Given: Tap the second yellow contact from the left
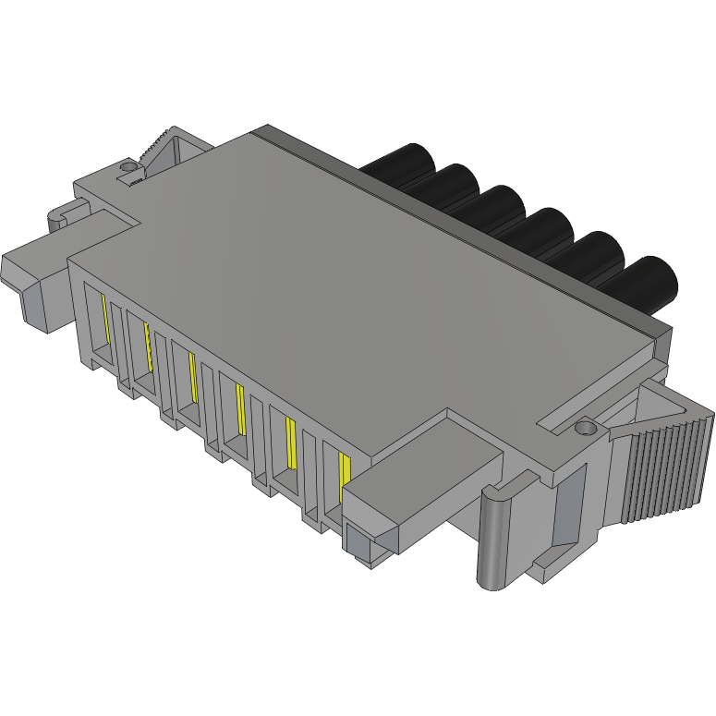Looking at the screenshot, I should tap(147, 343).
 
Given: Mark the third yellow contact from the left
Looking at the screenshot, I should tap(192, 377).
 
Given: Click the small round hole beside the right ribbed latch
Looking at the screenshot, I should tap(583, 429).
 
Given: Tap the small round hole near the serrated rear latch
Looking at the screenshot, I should tap(127, 168).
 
